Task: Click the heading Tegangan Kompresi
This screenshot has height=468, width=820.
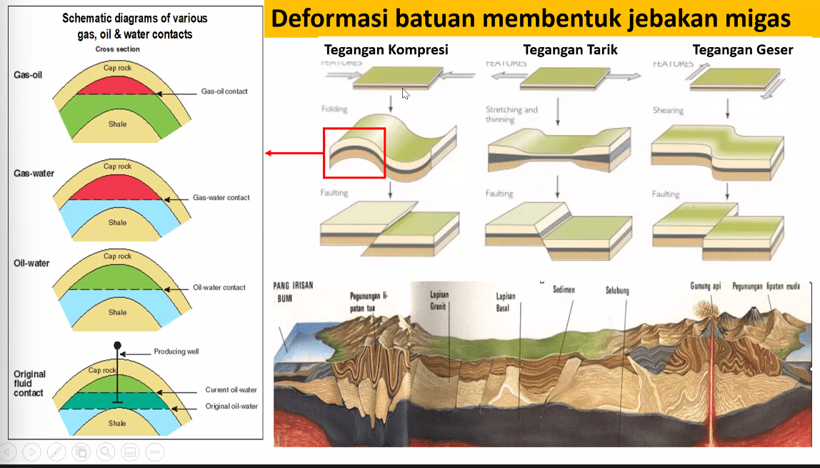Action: coord(386,50)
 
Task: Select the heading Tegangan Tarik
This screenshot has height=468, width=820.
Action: coord(570,50)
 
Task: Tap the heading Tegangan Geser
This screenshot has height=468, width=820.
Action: coord(743,50)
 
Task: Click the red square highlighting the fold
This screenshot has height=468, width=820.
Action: coord(354,153)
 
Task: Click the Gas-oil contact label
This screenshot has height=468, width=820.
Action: coord(224,91)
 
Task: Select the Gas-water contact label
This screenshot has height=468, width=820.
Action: coord(221,197)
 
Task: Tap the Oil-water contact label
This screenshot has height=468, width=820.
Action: coord(219,287)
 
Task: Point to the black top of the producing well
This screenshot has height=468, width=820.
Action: coord(118,346)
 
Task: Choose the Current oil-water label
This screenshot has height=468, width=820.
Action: coord(231,390)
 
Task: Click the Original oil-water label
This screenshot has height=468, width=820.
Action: coord(231,406)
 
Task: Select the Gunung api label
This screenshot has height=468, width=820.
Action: coord(705,286)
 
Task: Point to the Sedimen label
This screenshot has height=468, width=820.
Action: coord(564,290)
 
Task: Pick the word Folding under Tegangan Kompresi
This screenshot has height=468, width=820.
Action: coord(334,109)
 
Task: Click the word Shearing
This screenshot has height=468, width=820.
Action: coord(668,111)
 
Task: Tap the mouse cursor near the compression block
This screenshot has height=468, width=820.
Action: coord(406,93)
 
